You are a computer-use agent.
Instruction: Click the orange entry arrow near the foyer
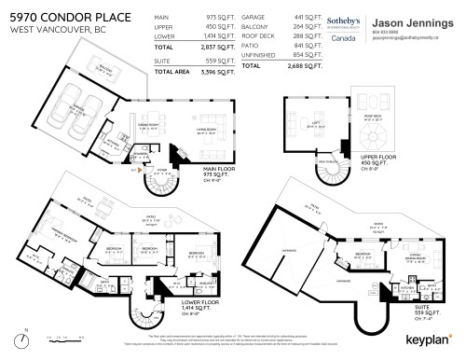[138, 169]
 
